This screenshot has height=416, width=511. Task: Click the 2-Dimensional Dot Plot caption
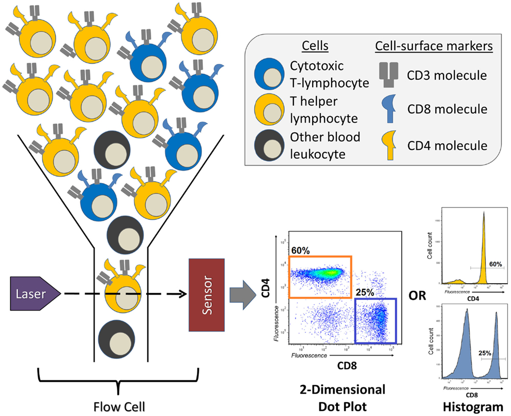click(x=342, y=398)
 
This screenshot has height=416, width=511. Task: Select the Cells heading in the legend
click(x=315, y=47)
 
